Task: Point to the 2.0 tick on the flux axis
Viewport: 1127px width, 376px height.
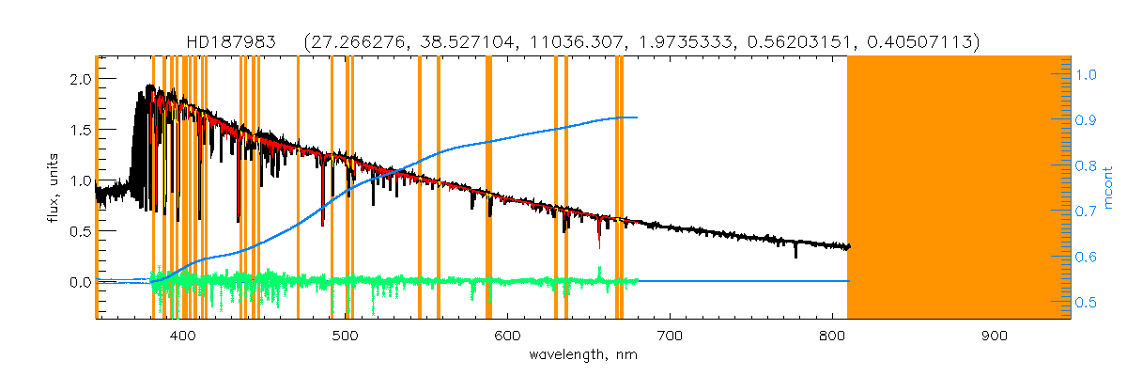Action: [x=79, y=79]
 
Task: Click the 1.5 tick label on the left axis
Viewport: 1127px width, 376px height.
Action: [x=79, y=130]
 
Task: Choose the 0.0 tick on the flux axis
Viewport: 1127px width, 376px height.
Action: [x=79, y=282]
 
